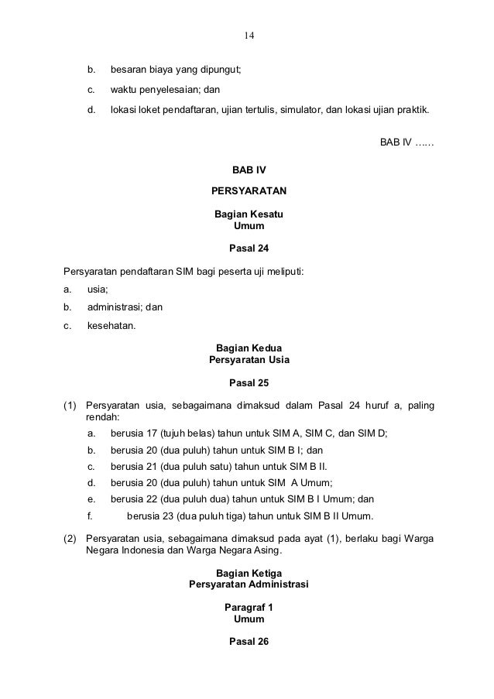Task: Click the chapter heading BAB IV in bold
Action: pos(249,170)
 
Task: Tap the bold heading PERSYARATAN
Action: pos(249,190)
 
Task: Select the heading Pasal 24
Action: pos(249,248)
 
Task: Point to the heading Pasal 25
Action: pos(249,382)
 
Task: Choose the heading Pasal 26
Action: pos(249,642)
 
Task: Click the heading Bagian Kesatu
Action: pos(249,214)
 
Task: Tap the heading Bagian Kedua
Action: pos(249,348)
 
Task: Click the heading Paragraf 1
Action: pos(249,608)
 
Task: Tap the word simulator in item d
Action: pos(297,111)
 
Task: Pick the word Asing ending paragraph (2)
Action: pos(269,551)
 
